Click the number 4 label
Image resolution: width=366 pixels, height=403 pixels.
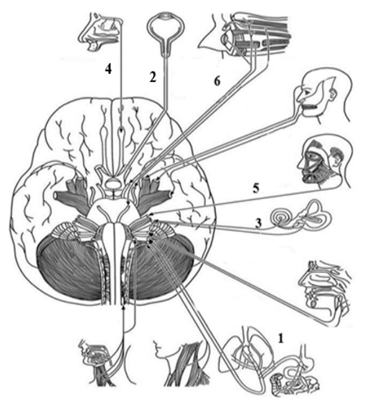109,68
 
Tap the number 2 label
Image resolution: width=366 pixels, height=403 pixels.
153,77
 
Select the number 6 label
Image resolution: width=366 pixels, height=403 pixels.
217,81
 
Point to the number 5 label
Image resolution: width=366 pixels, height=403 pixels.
256,188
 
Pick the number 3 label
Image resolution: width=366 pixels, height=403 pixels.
258,223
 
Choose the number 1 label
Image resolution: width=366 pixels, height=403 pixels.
281,339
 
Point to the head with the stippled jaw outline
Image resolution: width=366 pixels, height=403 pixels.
323,96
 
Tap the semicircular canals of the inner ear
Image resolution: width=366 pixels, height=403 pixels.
316,214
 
